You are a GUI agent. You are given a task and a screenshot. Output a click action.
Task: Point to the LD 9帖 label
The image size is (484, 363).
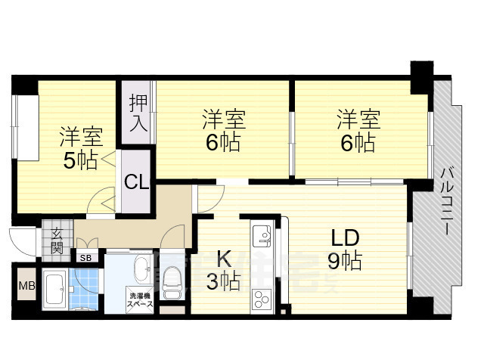pos(344,249)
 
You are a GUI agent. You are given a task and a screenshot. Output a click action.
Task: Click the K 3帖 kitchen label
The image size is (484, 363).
pos(223,270)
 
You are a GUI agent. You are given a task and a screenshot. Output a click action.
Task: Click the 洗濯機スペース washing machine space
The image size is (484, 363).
pos(141,299)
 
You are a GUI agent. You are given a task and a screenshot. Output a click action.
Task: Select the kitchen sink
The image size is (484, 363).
pos(262,237)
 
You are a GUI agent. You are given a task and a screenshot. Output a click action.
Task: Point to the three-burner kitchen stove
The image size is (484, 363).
pos(262,299)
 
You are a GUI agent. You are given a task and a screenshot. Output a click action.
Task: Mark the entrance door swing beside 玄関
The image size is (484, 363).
pos(23,240)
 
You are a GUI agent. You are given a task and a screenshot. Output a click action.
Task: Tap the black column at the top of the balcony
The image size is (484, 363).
pos(420,73)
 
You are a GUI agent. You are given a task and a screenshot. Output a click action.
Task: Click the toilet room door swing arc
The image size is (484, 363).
pos(175,236)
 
